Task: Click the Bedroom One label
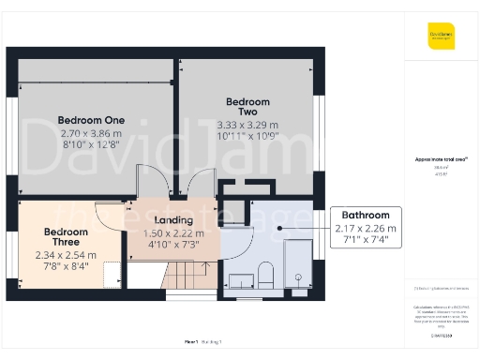(x=91, y=120)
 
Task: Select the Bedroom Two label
(x=247, y=106)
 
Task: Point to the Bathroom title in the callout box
(x=365, y=216)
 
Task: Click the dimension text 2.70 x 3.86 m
(x=91, y=133)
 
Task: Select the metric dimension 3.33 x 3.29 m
(x=247, y=125)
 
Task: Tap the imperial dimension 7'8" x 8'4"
(x=65, y=265)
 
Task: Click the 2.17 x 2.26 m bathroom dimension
(x=365, y=228)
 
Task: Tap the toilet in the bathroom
(x=265, y=275)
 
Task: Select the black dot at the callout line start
(x=278, y=226)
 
